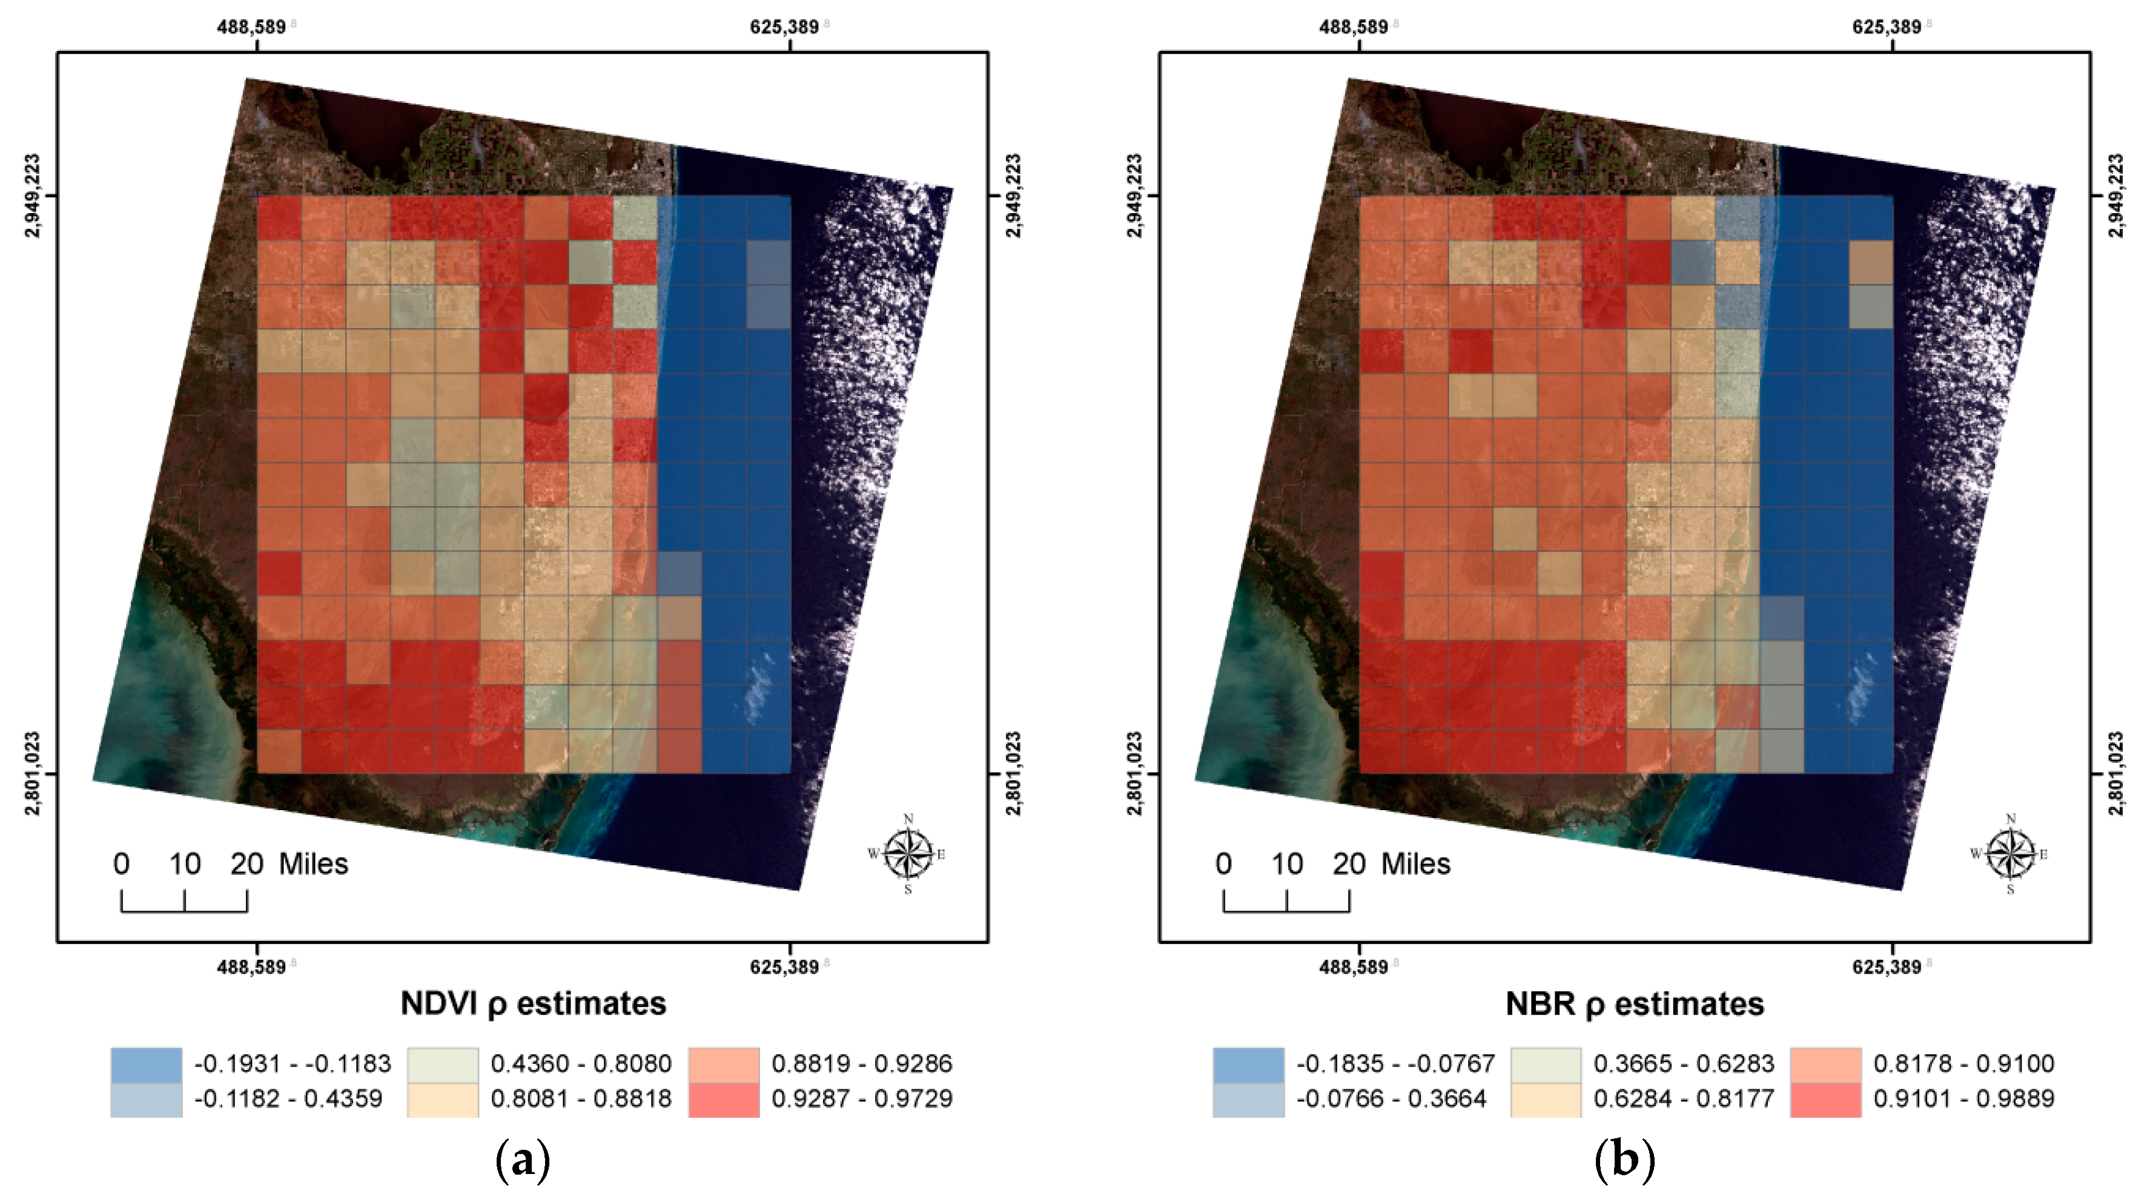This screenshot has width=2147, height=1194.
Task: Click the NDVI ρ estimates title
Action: click(x=534, y=1003)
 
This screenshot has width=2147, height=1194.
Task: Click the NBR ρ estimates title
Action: click(x=1635, y=1003)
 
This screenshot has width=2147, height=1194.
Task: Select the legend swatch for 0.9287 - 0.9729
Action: click(x=724, y=1099)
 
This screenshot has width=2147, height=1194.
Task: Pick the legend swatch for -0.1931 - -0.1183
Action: click(x=146, y=1064)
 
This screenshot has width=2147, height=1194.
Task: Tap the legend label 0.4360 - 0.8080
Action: click(x=581, y=1064)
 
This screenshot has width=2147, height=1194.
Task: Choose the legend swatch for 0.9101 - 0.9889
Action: click(x=1825, y=1099)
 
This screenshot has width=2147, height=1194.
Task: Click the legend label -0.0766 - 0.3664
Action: click(x=1391, y=1099)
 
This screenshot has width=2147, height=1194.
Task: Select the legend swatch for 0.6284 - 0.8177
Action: click(x=1545, y=1099)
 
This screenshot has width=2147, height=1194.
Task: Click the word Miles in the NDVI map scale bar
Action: click(x=313, y=864)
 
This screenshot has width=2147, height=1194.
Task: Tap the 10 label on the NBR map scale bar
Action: click(x=1287, y=864)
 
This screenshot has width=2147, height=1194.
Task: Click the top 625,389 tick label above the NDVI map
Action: click(x=784, y=27)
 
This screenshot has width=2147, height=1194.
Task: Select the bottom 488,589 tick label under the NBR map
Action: click(x=1354, y=966)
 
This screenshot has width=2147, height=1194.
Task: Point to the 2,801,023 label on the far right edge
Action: click(x=2116, y=773)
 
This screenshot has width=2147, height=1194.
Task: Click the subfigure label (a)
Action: click(x=523, y=1159)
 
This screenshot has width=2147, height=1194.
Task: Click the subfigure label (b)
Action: click(x=1624, y=1159)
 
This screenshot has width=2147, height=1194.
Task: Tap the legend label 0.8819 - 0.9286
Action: click(x=862, y=1064)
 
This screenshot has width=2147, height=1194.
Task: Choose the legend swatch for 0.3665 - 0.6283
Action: click(x=1545, y=1064)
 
